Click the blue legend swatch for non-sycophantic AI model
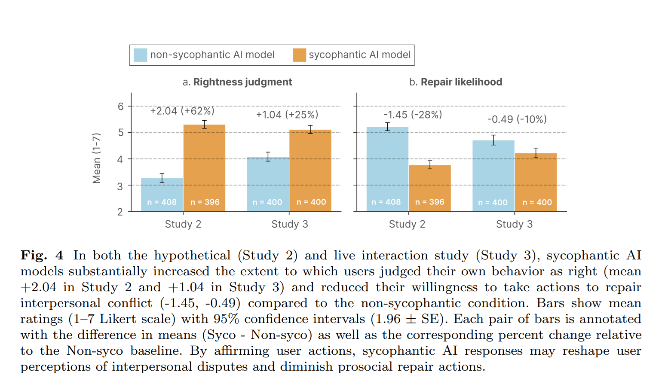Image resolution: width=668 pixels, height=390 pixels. click(x=140, y=55)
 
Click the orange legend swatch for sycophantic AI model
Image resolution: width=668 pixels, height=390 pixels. click(x=299, y=55)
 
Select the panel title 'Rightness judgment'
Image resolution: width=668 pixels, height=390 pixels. click(x=242, y=82)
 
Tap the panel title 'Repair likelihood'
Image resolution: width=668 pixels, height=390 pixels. click(x=461, y=82)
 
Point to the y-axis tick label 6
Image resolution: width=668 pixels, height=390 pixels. click(x=121, y=107)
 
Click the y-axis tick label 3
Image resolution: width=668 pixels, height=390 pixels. click(x=120, y=186)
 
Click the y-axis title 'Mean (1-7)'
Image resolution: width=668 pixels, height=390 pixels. click(x=97, y=158)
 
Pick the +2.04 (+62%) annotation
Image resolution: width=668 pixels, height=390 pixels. click(x=182, y=111)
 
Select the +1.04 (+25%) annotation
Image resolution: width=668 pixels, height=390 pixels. click(x=287, y=115)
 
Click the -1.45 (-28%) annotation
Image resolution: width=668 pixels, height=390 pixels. click(x=413, y=115)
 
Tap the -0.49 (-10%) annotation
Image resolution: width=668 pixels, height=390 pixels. click(x=517, y=119)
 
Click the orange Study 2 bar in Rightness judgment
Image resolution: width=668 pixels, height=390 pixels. click(x=205, y=163)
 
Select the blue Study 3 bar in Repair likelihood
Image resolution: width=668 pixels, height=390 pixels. click(x=493, y=172)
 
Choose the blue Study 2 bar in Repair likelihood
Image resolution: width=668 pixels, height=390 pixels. click(x=387, y=163)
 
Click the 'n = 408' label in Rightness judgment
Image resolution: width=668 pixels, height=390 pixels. click(x=162, y=202)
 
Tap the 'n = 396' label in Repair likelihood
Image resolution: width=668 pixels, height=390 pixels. click(x=430, y=202)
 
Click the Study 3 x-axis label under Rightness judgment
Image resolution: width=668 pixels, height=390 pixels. click(x=290, y=224)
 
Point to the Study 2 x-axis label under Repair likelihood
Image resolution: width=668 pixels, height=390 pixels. click(x=407, y=224)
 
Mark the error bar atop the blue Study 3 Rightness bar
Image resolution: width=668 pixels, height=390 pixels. click(x=268, y=157)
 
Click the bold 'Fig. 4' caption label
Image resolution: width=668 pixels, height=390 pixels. click(x=42, y=256)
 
